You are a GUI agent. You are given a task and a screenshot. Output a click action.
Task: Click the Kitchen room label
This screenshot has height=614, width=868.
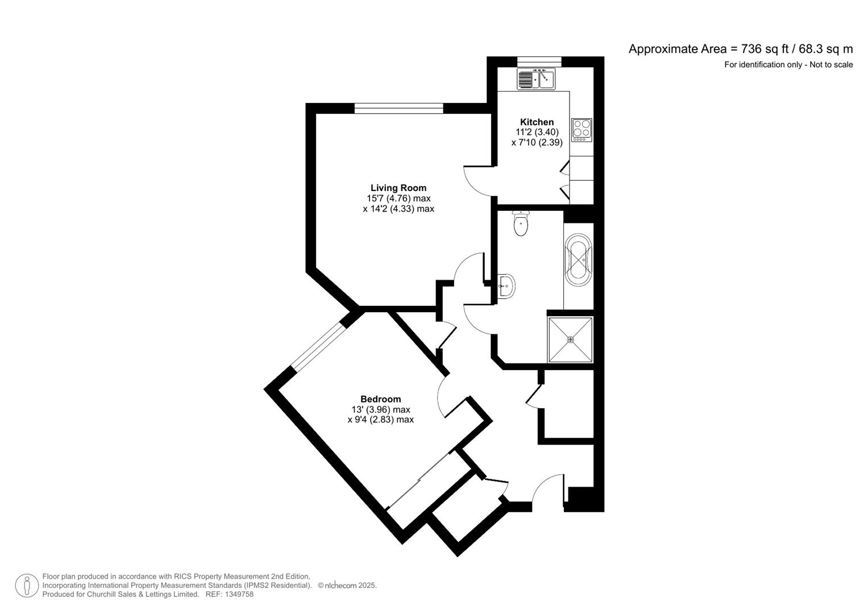[537, 122]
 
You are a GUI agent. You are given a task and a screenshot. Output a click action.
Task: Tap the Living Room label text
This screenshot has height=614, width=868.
[398, 188]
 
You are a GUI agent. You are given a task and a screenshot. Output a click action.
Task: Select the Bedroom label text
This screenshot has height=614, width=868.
[380, 399]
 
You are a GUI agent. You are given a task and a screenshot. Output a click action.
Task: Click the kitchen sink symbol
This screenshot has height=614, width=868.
[536, 79]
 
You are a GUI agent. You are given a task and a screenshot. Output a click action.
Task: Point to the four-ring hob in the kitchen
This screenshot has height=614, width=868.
[582, 130]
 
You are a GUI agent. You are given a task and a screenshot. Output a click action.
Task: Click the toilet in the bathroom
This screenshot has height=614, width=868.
[521, 223]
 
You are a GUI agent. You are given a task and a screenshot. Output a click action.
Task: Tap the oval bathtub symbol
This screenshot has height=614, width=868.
[579, 262]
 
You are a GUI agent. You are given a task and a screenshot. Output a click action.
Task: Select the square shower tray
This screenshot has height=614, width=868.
[570, 339]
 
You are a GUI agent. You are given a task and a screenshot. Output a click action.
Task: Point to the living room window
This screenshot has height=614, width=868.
[398, 109]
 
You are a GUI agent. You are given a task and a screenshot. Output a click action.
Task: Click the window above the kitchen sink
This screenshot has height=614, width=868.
[539, 61]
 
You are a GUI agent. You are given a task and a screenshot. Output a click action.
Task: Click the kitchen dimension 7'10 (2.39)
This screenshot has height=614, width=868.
[537, 143]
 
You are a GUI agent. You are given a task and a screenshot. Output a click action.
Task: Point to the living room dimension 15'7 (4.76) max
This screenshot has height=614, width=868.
[398, 198]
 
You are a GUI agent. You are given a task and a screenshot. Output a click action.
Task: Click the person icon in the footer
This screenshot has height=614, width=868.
[27, 586]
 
